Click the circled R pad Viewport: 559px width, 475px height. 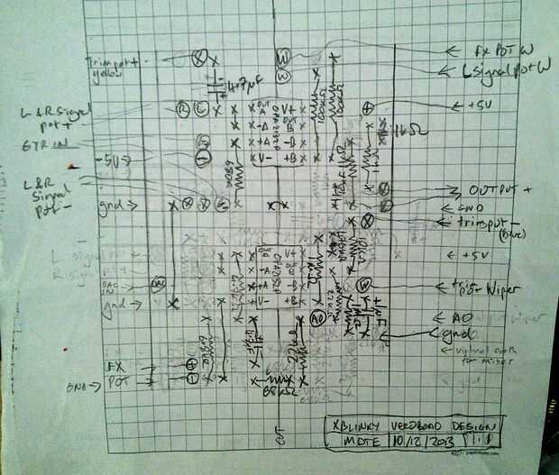click(183, 108)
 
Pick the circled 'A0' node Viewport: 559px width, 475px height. click(316, 319)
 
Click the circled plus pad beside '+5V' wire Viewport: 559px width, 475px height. click(367, 108)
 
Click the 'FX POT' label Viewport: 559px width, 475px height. click(115, 374)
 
